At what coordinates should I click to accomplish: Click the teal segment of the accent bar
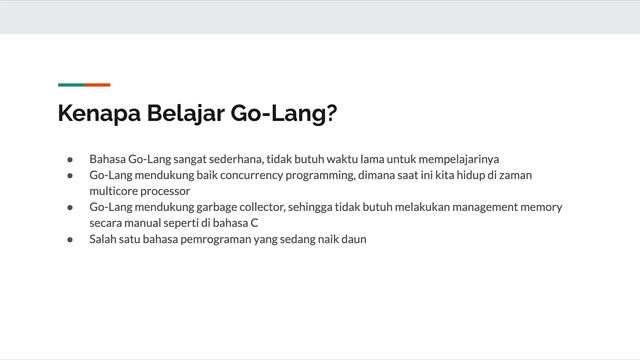pos(70,85)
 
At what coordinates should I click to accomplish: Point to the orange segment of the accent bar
pos(97,85)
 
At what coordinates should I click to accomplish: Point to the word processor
pos(164,191)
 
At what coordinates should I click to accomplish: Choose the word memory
pos(543,207)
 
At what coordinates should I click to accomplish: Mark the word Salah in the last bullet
pos(104,239)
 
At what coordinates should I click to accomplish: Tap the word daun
pos(353,239)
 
